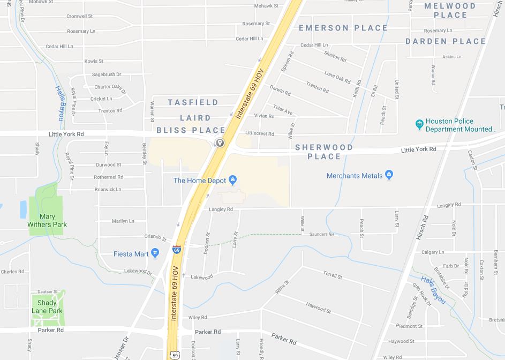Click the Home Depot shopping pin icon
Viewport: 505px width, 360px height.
tap(233, 179)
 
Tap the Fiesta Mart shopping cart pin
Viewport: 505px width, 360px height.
tap(155, 253)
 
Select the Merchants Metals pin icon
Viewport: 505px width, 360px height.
tap(389, 175)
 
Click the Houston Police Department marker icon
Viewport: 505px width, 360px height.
tap(419, 125)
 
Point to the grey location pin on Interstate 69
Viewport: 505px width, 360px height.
tap(219, 142)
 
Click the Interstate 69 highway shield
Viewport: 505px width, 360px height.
tap(177, 250)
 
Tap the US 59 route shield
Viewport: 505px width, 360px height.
tap(175, 354)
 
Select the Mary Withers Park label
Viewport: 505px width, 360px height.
tap(47, 220)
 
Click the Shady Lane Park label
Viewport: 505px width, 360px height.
tap(47, 307)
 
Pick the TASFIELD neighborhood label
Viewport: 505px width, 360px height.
tap(193, 102)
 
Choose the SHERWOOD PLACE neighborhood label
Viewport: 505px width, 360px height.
tap(324, 152)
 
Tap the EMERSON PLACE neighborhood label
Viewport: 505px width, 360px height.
tap(343, 28)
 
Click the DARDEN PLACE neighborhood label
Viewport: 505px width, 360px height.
tap(446, 41)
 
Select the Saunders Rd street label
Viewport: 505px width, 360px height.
tap(322, 234)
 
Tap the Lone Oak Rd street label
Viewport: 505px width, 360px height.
tap(337, 77)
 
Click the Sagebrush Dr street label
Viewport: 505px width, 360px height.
tap(107, 74)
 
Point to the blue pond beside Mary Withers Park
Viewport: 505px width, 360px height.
tap(23, 209)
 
